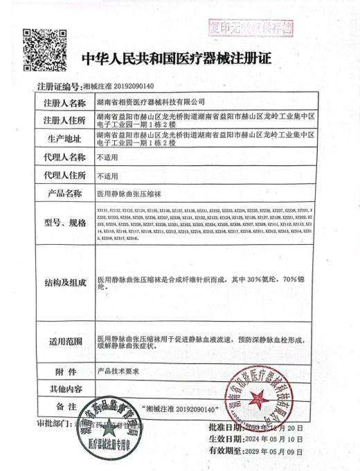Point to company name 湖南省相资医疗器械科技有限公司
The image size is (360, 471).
(x=146, y=103)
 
